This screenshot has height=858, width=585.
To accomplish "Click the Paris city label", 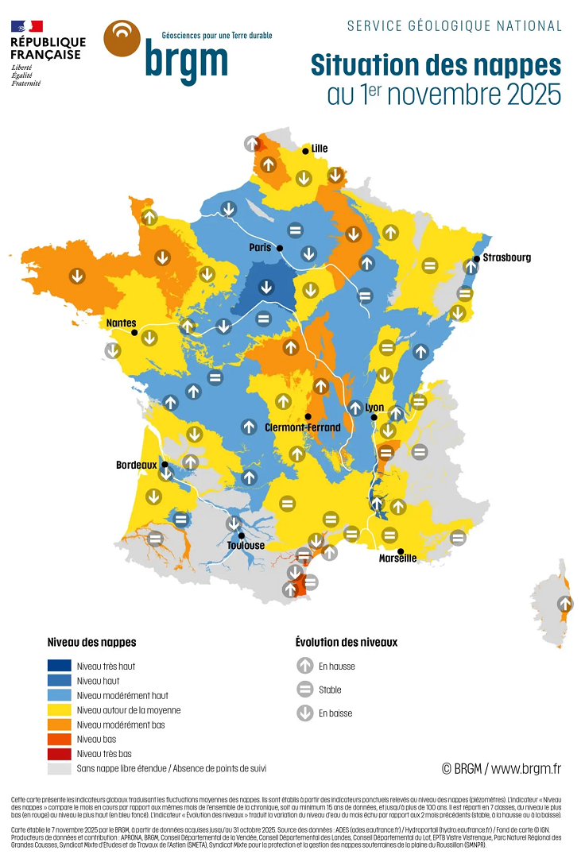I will [260, 248].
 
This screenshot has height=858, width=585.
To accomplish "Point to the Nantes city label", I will [121, 323].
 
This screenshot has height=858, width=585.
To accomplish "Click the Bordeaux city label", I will [136, 465].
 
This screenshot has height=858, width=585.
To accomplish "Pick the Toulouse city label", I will [246, 546].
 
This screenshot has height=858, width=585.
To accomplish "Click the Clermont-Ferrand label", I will [302, 427].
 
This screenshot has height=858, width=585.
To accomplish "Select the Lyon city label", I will [374, 408].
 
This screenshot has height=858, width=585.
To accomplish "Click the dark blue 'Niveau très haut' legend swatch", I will [59, 666].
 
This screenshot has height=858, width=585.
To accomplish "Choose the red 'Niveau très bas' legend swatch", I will [59, 754].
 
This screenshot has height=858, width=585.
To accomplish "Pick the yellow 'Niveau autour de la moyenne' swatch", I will [59, 710].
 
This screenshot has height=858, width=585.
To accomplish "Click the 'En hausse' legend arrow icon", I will [305, 667].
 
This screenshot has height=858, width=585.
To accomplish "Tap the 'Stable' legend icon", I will [305, 690].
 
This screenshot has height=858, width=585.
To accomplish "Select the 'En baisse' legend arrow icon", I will [305, 713].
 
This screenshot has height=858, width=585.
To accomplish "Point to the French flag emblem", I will [27, 27].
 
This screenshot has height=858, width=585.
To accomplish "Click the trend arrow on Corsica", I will [565, 604].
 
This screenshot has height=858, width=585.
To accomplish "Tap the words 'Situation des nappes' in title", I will [436, 64].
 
